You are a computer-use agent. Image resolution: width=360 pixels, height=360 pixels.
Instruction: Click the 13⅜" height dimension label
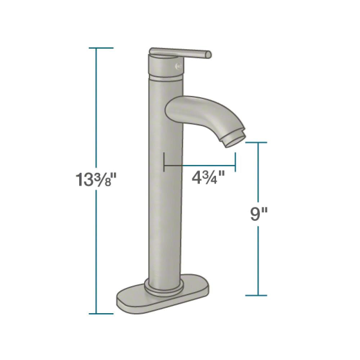95,179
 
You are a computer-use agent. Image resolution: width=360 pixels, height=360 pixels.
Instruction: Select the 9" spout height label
258,215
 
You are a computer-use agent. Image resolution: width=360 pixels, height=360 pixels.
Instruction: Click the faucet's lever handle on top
180,53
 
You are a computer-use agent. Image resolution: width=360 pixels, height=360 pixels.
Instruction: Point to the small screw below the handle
177,66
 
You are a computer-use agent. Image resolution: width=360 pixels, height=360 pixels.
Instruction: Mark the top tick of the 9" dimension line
257,143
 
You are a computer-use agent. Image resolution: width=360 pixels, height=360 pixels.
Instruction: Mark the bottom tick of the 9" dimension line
257,296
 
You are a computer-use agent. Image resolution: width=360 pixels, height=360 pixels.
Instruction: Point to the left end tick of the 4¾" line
164,161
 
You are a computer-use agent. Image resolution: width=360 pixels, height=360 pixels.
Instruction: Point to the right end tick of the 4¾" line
235,161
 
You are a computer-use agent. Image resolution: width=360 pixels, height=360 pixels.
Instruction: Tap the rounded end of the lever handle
208,54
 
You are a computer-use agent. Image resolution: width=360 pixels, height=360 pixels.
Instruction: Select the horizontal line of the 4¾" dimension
200,166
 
